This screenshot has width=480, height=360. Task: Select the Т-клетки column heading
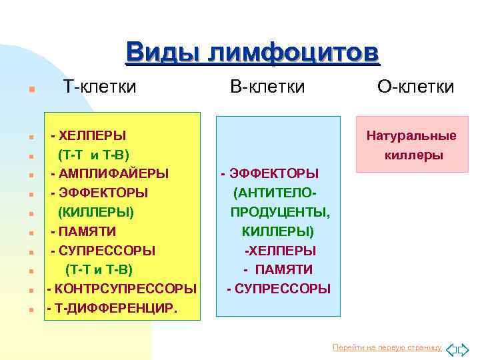(x=99, y=87)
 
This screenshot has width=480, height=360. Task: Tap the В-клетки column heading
(x=267, y=87)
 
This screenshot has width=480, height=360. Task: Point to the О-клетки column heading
(x=416, y=87)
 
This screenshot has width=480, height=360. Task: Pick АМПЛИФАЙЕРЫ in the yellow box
(x=113, y=174)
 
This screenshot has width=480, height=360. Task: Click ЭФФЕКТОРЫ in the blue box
(x=273, y=174)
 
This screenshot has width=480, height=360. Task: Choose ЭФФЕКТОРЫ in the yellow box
(x=103, y=193)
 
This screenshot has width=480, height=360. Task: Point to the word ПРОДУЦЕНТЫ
(x=280, y=213)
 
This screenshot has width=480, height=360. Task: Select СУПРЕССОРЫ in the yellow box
(x=107, y=251)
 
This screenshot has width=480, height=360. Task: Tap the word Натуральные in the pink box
(x=411, y=136)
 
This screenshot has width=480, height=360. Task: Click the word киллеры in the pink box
(x=414, y=155)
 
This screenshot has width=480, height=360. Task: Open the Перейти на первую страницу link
(x=387, y=348)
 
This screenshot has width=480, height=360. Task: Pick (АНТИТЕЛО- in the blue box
(x=274, y=193)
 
